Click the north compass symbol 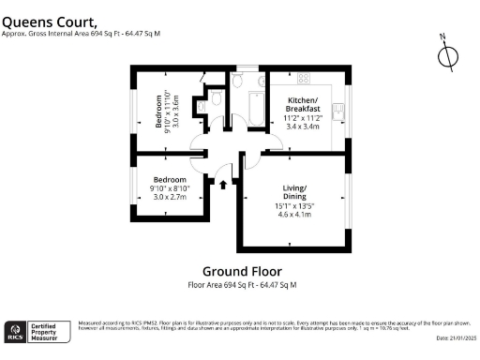click(447, 55)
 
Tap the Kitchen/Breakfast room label click(303, 105)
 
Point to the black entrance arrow click(222, 185)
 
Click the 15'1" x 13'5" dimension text click(297, 206)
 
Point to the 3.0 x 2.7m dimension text click(170, 198)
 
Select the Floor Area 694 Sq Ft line click(241, 284)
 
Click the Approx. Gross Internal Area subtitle click(80, 33)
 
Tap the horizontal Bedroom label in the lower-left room click(170, 179)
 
